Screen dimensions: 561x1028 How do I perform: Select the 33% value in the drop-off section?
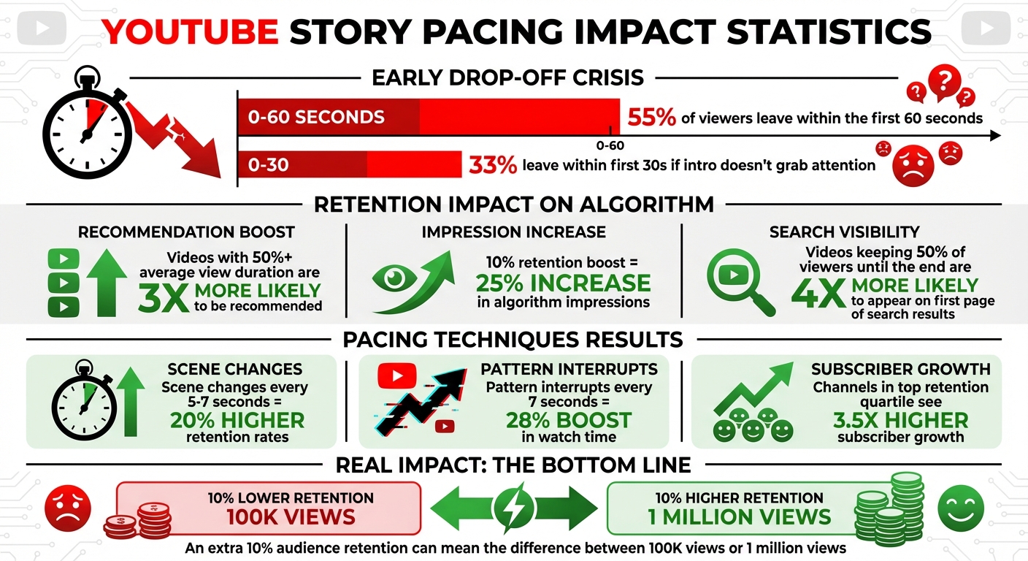(493, 165)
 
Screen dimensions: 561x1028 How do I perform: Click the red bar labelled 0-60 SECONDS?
(429, 117)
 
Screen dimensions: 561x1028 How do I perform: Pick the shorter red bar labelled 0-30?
(350, 165)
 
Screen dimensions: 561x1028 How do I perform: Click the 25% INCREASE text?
(563, 283)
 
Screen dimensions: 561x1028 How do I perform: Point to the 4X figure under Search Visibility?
(819, 291)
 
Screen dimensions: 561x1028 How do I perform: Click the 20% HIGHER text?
(237, 421)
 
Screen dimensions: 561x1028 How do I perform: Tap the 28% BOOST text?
(569, 421)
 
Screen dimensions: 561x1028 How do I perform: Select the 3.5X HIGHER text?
(900, 421)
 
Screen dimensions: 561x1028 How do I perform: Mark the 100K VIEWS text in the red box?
(291, 517)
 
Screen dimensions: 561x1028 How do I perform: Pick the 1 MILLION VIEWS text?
(740, 517)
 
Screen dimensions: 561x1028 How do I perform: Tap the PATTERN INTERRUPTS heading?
(569, 369)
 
